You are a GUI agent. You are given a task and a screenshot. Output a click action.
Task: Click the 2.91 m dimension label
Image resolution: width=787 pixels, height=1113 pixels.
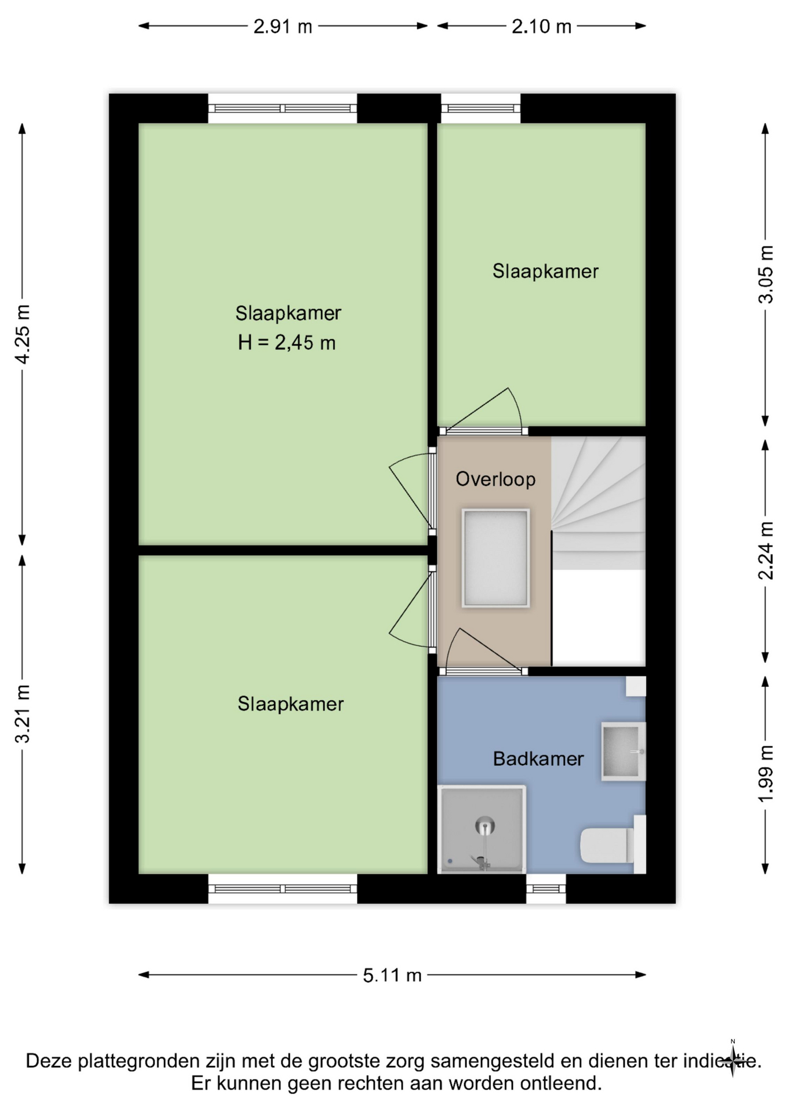click(283, 27)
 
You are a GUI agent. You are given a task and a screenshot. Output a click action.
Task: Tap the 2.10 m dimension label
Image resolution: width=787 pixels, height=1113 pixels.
click(541, 27)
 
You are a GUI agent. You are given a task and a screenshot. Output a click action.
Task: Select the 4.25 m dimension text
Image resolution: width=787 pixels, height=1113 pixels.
click(23, 334)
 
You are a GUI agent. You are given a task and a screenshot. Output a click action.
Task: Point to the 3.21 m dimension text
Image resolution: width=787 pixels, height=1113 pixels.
click(23, 714)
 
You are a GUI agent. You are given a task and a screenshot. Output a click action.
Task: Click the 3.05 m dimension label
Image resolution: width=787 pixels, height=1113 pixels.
click(766, 274)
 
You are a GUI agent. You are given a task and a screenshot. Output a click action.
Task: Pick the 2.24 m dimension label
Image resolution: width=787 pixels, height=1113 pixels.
click(766, 550)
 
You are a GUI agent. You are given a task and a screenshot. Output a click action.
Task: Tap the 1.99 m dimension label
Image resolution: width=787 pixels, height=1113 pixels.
click(766, 774)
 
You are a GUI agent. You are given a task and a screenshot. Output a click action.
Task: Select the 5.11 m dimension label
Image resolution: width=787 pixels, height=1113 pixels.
click(392, 976)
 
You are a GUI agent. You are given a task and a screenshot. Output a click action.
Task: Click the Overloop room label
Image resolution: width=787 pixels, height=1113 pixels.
click(495, 479)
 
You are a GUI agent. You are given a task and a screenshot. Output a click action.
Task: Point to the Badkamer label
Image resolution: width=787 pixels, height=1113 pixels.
click(538, 759)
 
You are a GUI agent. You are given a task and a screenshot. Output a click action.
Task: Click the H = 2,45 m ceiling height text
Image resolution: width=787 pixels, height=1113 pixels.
click(287, 343)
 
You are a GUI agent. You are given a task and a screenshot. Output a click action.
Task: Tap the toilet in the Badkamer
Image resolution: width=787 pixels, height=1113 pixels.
click(613, 844)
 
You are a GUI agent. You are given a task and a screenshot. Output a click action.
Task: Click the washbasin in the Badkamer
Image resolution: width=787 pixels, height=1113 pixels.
click(624, 751)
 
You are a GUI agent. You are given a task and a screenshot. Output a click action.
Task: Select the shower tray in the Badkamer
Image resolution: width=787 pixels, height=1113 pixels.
click(482, 829)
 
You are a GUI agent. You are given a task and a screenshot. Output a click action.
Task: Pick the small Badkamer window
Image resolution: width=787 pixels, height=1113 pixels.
click(546, 889)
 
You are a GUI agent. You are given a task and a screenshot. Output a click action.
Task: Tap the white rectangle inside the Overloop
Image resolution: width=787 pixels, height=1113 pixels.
click(495, 558)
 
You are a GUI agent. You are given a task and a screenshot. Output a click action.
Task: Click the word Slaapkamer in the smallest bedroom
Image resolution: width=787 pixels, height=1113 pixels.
click(545, 271)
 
